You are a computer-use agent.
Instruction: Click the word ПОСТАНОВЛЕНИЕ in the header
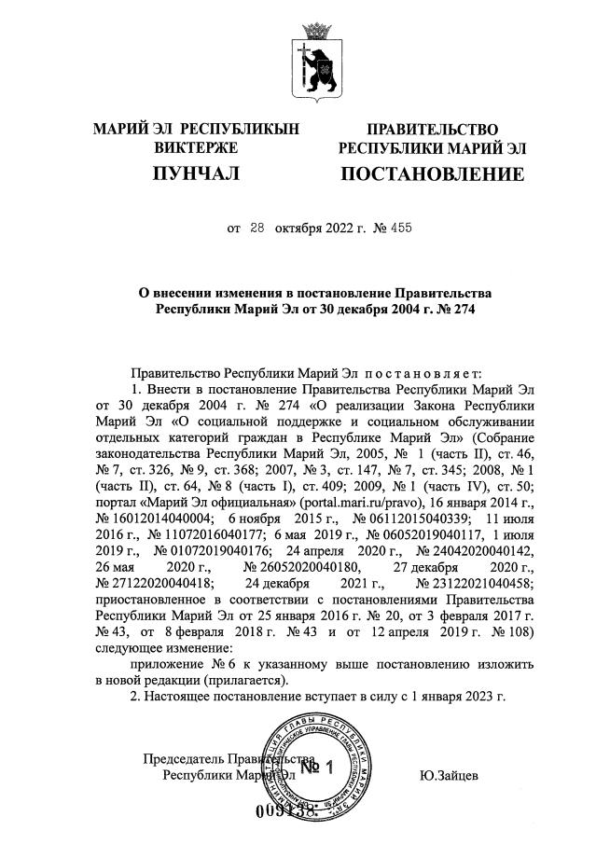(x=431, y=174)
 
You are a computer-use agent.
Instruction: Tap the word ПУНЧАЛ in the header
(x=197, y=174)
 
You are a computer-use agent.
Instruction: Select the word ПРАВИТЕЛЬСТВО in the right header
(x=432, y=130)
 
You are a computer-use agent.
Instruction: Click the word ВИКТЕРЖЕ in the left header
(x=196, y=147)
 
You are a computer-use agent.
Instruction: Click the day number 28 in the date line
(x=257, y=227)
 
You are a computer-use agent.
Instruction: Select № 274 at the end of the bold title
(x=454, y=309)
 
